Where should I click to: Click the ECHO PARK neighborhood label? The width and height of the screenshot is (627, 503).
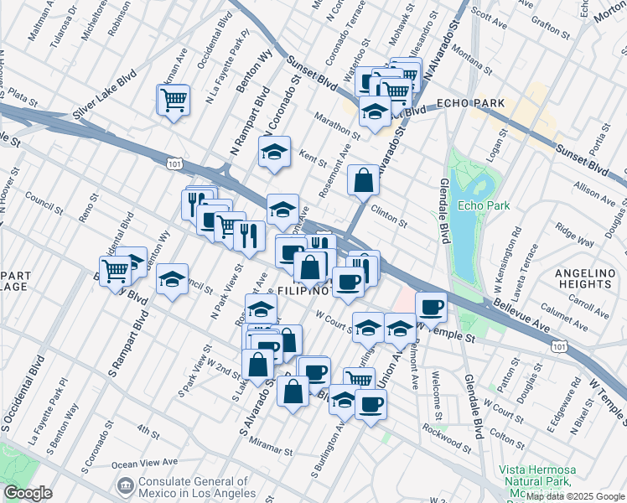[x=470, y=103]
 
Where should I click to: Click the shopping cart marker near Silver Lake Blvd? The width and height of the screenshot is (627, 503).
[x=174, y=100]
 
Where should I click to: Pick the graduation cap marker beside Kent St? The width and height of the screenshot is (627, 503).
[x=273, y=153]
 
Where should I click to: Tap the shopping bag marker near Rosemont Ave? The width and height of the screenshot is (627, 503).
[x=363, y=179]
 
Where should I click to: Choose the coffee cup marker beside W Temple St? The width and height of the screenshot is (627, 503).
[x=431, y=308]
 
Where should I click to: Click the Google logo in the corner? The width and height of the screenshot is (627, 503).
[x=28, y=493]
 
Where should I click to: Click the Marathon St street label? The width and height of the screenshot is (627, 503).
[x=337, y=126]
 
